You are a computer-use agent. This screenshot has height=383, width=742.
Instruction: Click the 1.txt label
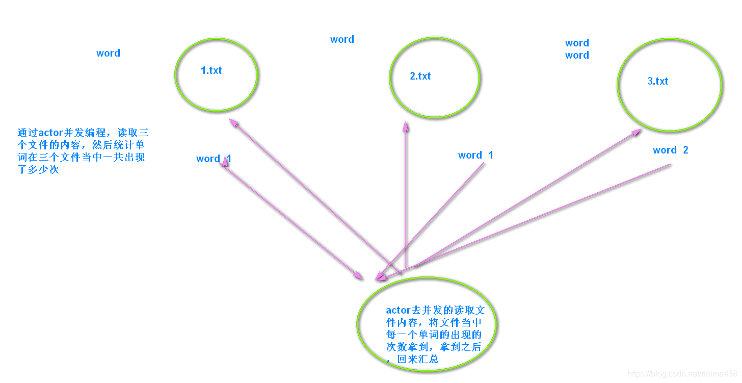tap(211, 70)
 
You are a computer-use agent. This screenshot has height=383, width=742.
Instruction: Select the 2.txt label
tap(420, 76)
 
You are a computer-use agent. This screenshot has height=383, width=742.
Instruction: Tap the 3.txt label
tap(657, 81)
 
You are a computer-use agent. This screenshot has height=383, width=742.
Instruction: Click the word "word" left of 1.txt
tap(109, 53)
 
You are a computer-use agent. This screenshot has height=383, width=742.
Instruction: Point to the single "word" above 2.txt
tap(342, 39)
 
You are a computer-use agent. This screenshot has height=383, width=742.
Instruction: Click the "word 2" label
tap(670, 150)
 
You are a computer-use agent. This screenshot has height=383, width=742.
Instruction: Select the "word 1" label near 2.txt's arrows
tap(475, 155)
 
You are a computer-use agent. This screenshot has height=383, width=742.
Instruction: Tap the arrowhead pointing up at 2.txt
tap(405, 125)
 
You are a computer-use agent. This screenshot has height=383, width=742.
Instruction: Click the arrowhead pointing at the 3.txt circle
tap(637, 132)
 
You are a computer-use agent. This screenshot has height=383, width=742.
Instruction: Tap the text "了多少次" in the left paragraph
tap(38, 169)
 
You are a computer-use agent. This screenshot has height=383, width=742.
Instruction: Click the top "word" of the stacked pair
tap(577, 43)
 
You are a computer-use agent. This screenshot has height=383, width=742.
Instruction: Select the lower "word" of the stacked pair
tap(577, 55)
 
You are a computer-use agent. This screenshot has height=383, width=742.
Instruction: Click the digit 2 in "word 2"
tap(685, 150)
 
